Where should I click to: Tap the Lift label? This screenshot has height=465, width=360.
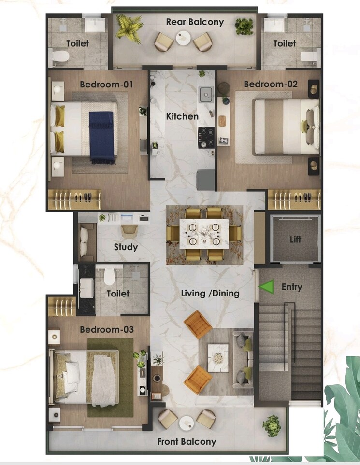[295, 240]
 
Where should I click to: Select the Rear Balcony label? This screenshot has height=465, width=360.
[195, 22]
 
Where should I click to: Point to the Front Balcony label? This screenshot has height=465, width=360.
[187, 441]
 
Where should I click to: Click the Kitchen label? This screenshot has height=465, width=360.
[182, 116]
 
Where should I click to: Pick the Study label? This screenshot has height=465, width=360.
[126, 247]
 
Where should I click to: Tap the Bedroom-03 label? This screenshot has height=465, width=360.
[107, 330]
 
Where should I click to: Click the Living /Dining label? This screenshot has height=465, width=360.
[210, 293]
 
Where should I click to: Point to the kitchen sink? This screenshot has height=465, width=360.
[206, 94]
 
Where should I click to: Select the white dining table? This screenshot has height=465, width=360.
[204, 234]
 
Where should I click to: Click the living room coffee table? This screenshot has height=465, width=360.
[218, 357]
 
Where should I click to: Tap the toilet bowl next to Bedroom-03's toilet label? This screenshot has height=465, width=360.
[110, 276]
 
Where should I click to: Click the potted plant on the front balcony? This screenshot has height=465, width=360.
[272, 425]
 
